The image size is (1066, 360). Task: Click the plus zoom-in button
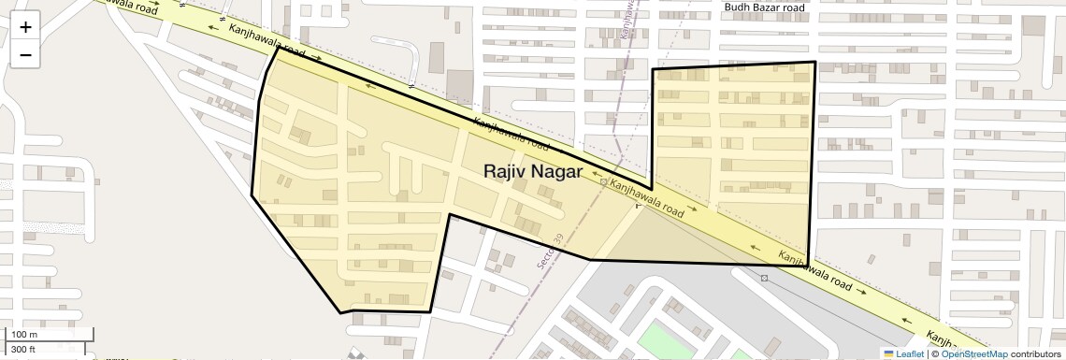click(x=25, y=27)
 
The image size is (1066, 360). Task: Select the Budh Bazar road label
click(x=764, y=7)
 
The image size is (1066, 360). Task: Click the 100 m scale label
click(x=24, y=335)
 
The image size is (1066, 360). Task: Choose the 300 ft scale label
click(x=23, y=350)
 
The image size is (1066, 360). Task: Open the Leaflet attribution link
click(x=910, y=353)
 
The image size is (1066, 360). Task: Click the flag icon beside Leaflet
click(x=889, y=353)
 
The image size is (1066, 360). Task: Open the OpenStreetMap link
click(x=974, y=353)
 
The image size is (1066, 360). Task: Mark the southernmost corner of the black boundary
click(x=341, y=312)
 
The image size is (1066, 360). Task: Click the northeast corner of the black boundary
click(x=815, y=63)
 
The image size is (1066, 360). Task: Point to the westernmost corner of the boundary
click(x=252, y=195)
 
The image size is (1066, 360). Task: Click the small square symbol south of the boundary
click(x=765, y=279)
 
